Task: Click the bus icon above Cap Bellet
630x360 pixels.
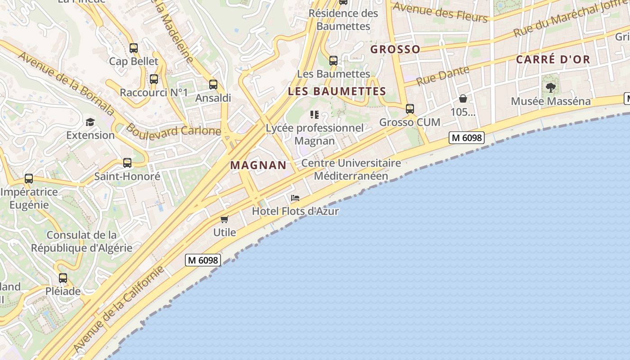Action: (x=133, y=48)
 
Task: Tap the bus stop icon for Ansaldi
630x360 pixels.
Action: (x=213, y=84)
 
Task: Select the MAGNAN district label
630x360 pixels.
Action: (x=258, y=165)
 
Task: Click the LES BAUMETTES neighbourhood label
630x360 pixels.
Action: (x=337, y=91)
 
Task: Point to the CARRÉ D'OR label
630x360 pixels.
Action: (x=553, y=59)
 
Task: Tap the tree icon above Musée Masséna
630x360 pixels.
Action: (x=550, y=88)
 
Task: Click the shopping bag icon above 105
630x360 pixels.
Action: (x=463, y=99)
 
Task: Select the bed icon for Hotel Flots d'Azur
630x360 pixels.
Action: (x=295, y=198)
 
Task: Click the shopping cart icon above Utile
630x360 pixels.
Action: (x=224, y=219)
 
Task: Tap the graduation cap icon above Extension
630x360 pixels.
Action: (x=90, y=122)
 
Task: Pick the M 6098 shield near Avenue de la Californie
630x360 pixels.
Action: (x=202, y=260)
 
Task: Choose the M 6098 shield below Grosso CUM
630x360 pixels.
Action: (x=466, y=138)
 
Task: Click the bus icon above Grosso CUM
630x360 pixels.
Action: (x=409, y=108)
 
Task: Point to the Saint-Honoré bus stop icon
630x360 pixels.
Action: (x=127, y=163)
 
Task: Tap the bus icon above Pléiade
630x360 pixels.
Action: (x=63, y=278)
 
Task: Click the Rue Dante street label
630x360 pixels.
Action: (x=443, y=76)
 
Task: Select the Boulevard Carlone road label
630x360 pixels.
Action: (x=173, y=130)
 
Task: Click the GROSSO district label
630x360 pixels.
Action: (x=395, y=49)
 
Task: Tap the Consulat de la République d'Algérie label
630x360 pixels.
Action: (x=81, y=241)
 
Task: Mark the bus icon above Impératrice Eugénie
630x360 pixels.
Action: (x=29, y=178)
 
